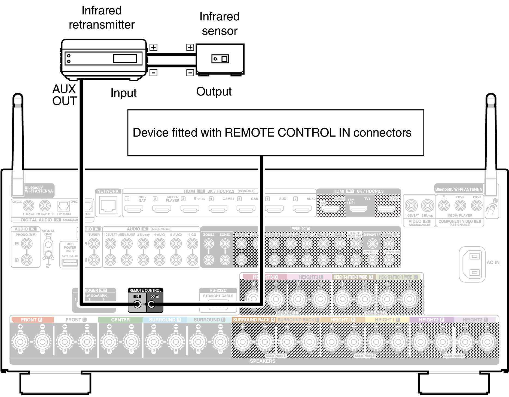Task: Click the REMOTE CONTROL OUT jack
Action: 151,304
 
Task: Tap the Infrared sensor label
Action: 220,24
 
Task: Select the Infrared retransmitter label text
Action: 102,18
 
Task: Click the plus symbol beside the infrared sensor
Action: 190,47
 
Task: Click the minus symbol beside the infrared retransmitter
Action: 153,73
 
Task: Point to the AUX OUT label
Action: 65,95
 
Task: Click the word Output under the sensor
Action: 214,92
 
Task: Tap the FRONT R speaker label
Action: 32,320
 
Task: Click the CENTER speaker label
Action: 120,320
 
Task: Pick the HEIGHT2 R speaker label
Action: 431,320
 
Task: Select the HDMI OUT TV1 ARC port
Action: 358,209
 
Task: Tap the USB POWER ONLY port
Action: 70,262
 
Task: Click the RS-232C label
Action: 218,290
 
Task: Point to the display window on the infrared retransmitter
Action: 125,59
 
